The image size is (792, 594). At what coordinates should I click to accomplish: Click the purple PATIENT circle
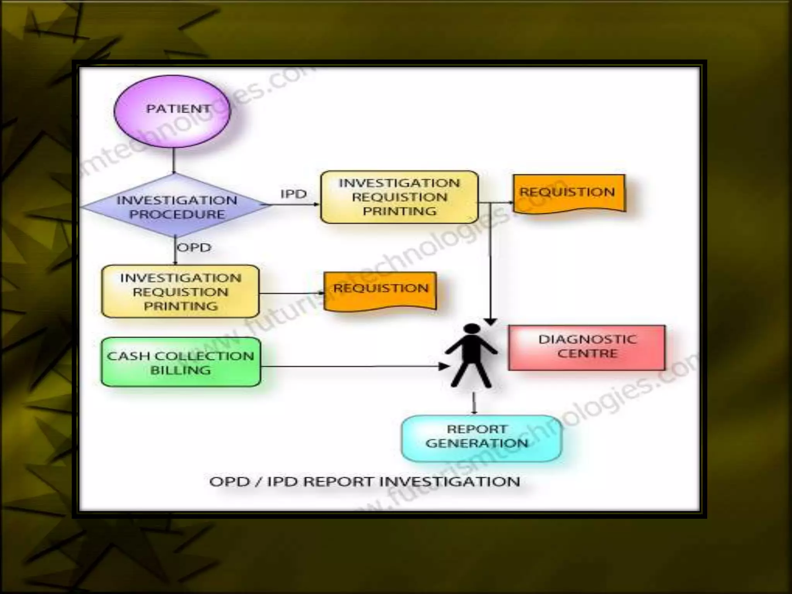[172, 111]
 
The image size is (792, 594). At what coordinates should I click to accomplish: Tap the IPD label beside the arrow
[293, 194]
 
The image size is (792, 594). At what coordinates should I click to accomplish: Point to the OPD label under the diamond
[194, 247]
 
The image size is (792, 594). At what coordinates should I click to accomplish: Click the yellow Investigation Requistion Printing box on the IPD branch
[399, 197]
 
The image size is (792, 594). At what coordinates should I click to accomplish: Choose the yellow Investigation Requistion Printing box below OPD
[180, 292]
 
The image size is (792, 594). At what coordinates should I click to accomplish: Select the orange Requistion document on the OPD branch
[381, 290]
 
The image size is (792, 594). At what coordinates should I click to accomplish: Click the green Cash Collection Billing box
[181, 362]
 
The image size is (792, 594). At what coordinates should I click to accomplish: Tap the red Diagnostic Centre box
[587, 347]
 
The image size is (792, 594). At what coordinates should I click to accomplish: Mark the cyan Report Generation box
[481, 438]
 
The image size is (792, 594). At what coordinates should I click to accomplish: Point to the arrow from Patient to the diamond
[174, 160]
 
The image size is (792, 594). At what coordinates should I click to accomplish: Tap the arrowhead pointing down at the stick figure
[490, 321]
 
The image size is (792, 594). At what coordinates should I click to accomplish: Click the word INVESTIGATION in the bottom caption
[450, 482]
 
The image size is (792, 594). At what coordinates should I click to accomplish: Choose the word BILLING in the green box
[181, 370]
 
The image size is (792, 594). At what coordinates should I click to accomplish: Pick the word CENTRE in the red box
[587, 353]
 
